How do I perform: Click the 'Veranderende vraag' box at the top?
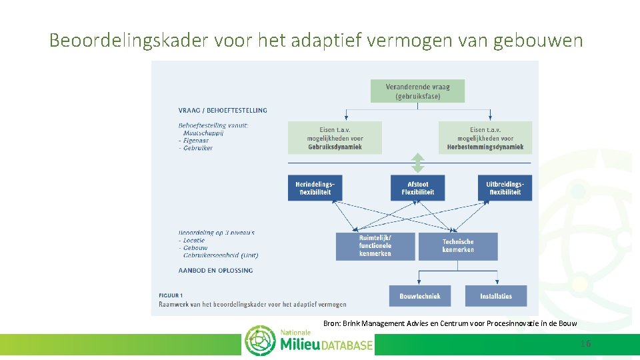pyautogui.click(x=417, y=91)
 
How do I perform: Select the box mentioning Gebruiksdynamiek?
pyautogui.click(x=335, y=138)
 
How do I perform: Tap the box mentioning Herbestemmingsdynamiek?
pyautogui.click(x=485, y=138)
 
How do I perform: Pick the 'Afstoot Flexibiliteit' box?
pyautogui.click(x=417, y=188)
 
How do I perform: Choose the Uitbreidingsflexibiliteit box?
pyautogui.click(x=505, y=188)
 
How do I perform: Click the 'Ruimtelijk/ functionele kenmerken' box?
pyautogui.click(x=376, y=246)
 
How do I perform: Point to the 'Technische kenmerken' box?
pyautogui.click(x=458, y=246)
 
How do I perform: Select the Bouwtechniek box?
pyautogui.click(x=419, y=296)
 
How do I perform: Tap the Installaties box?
pyautogui.click(x=496, y=296)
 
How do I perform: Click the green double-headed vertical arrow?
pyautogui.click(x=417, y=163)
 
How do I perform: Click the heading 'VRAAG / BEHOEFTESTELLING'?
pyautogui.click(x=223, y=110)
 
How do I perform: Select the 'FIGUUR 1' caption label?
pyautogui.click(x=171, y=295)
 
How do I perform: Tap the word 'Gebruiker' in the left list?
pyautogui.click(x=198, y=148)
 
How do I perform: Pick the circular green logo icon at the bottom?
pyautogui.click(x=260, y=341)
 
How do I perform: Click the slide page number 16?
pyautogui.click(x=585, y=343)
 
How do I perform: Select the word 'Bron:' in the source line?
pyautogui.click(x=331, y=323)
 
